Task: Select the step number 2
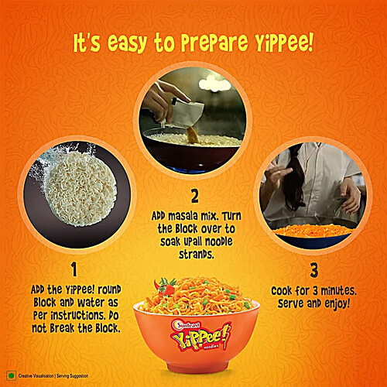[x=194, y=196]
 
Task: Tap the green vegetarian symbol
[x=12, y=374]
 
